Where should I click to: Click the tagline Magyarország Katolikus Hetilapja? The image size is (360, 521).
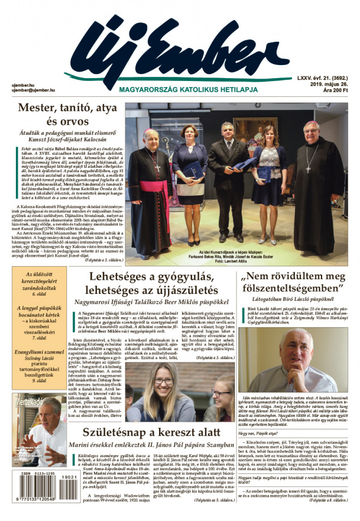point(188,89)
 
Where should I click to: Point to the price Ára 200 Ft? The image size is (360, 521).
point(335,90)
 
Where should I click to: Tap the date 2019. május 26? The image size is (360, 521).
point(329,84)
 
